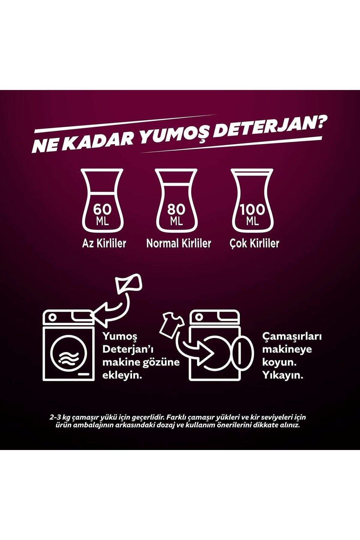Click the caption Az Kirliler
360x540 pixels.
[x=104, y=243]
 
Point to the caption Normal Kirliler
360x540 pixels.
[x=179, y=243]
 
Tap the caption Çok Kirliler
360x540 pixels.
[x=254, y=243]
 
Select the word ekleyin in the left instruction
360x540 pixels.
[x=122, y=375]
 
